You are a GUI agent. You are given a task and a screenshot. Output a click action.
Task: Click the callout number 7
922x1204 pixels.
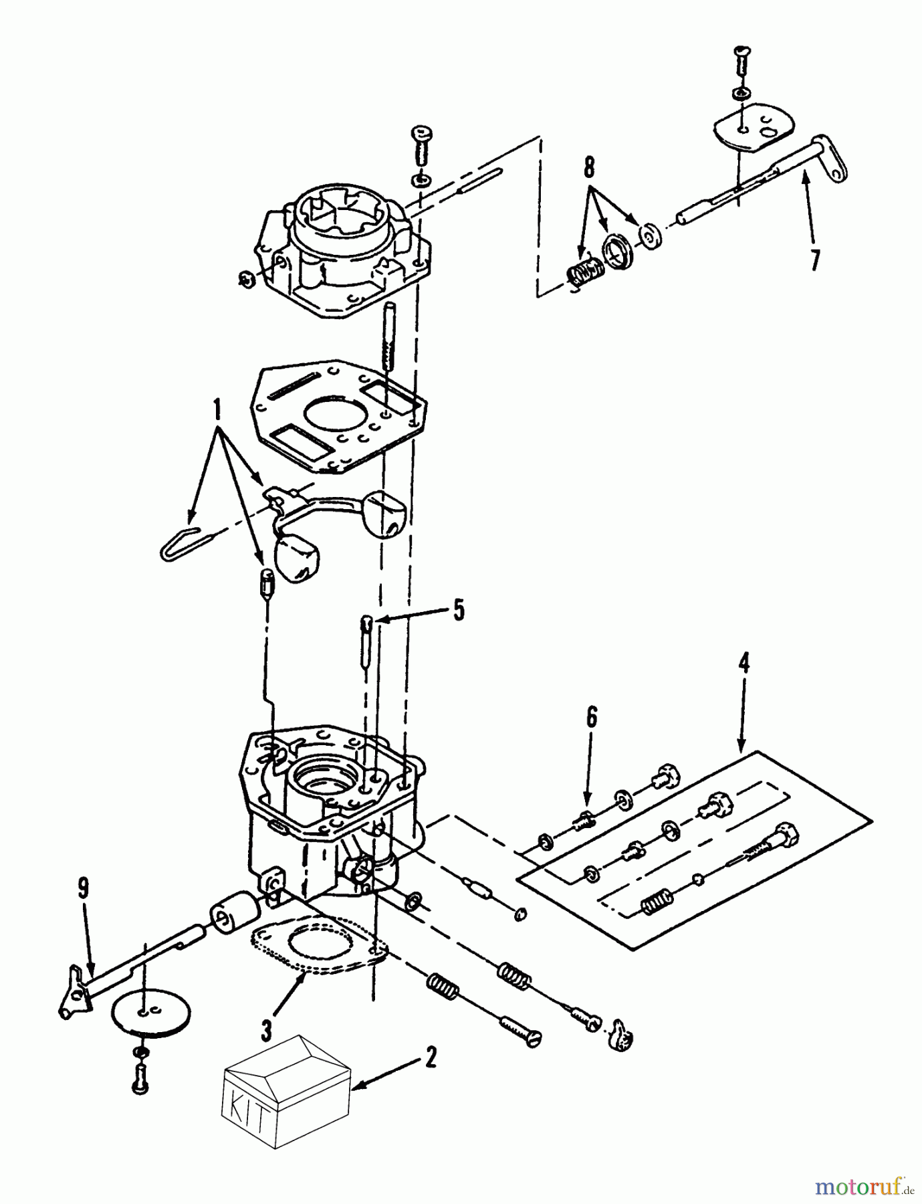click(x=814, y=260)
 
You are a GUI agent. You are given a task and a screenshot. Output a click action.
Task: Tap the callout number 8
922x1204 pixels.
click(x=588, y=168)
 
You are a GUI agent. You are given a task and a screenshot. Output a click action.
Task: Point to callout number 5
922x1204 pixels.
click(x=458, y=611)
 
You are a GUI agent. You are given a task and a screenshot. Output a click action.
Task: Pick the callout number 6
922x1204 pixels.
click(x=591, y=718)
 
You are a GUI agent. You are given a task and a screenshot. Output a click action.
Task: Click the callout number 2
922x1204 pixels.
click(x=430, y=1058)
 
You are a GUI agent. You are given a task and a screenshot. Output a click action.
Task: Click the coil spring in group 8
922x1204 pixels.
click(x=586, y=274)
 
